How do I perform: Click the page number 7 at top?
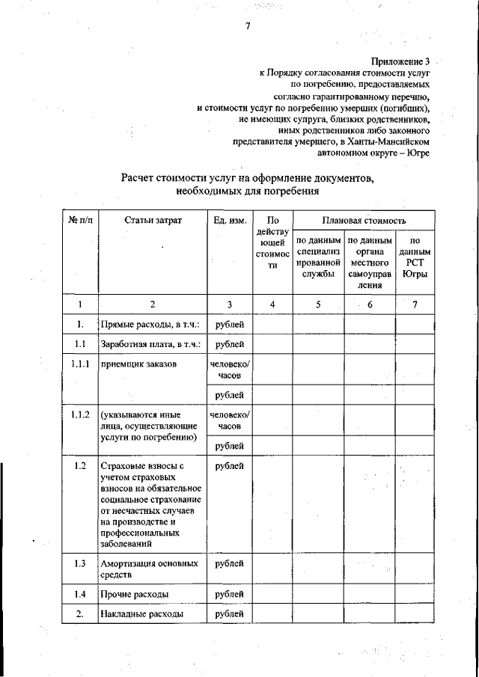coord(246,28)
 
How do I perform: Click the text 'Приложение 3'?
coord(400,62)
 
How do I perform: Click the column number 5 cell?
coord(317,304)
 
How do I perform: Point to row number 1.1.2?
coord(79,414)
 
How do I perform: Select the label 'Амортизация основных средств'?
coord(149,569)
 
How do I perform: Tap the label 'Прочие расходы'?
coord(134,594)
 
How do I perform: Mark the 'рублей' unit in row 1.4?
coord(229,594)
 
